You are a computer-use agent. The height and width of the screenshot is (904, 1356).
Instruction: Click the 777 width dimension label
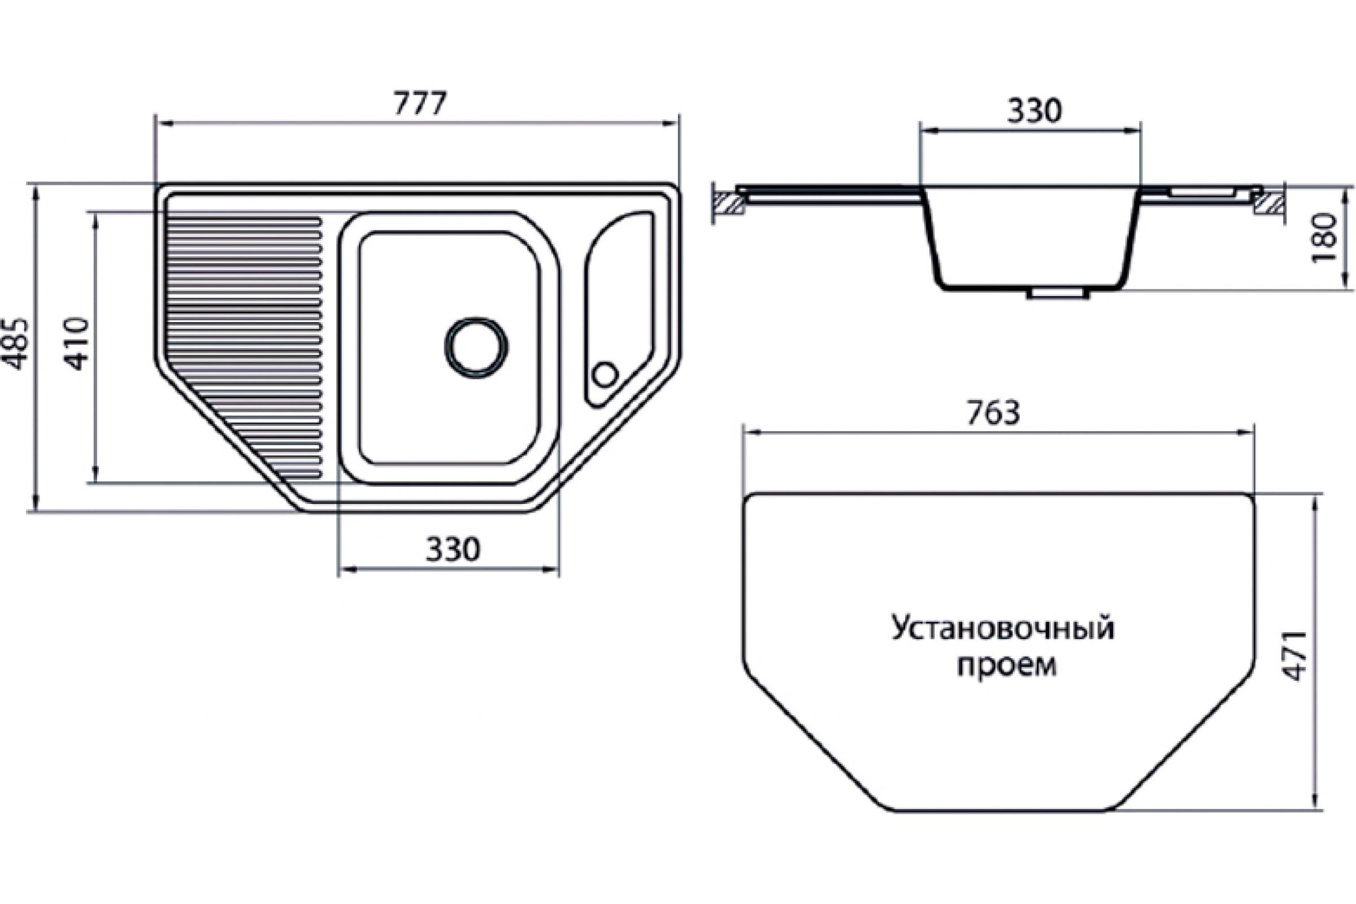point(420,104)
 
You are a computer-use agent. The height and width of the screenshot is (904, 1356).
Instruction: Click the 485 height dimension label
point(15,344)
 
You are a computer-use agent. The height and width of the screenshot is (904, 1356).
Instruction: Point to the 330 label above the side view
point(1035,111)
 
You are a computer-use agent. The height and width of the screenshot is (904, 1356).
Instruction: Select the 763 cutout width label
point(993,414)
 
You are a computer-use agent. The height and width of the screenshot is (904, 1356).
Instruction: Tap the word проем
point(1006,666)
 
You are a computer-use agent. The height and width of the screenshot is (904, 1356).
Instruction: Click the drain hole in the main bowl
point(476,348)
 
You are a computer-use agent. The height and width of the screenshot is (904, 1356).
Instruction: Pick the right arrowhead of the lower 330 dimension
point(551,570)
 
